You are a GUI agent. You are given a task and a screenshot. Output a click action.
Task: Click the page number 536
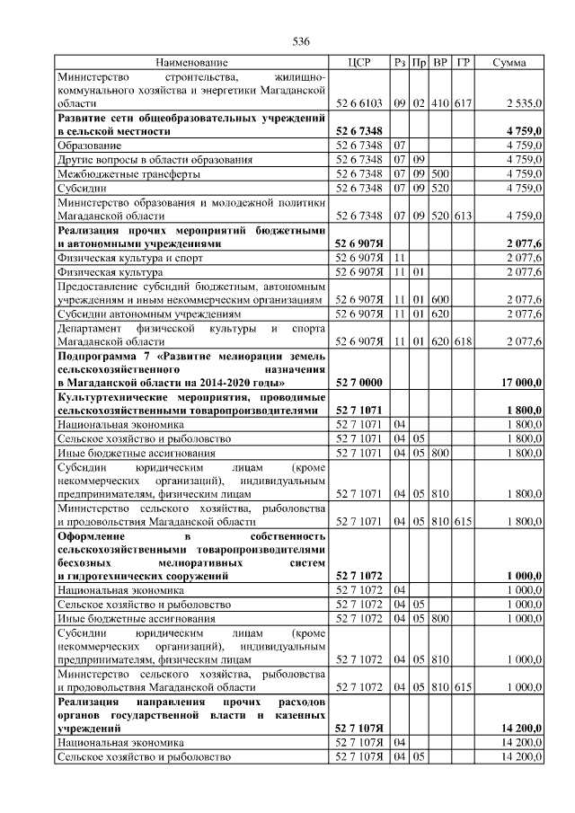(301, 41)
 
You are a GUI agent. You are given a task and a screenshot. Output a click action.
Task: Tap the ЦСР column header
(359, 63)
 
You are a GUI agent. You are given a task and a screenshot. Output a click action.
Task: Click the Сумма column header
(509, 63)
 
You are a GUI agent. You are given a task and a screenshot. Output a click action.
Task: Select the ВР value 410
(440, 104)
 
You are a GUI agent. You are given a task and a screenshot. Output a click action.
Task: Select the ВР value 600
(440, 299)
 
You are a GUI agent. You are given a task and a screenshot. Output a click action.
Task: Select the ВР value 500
(440, 173)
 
